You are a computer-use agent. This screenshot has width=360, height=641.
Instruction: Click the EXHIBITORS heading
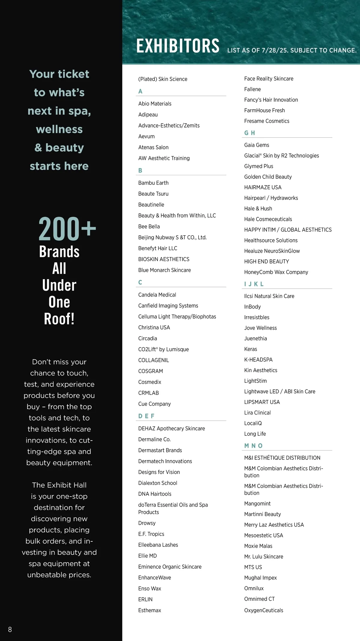tap(178, 46)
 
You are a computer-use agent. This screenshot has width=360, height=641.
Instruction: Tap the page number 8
tap(10, 629)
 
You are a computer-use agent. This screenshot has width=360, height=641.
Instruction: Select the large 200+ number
tap(67, 229)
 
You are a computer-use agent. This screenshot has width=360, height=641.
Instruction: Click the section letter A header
tap(140, 91)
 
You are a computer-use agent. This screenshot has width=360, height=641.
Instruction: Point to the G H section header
tap(250, 133)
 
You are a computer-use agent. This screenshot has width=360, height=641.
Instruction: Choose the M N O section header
tap(253, 446)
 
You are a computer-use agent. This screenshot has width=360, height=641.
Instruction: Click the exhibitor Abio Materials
tap(155, 104)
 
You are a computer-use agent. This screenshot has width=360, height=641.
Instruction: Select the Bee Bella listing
tap(149, 227)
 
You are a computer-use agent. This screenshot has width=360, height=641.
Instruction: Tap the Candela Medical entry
tap(157, 295)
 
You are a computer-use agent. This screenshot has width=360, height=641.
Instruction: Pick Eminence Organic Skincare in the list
tap(170, 567)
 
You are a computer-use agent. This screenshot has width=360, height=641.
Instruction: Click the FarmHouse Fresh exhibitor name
tap(265, 110)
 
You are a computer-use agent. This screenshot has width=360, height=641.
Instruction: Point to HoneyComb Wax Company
tap(276, 272)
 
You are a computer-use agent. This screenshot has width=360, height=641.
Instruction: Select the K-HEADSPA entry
tap(258, 360)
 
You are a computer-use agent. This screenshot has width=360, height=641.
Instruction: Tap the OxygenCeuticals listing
tap(264, 610)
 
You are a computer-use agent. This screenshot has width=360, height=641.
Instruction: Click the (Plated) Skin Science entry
tap(163, 79)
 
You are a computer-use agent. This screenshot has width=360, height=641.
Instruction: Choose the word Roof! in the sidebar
tap(59, 319)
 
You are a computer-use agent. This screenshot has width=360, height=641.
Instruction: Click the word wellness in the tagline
tap(59, 129)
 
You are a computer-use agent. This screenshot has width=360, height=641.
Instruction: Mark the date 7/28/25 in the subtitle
tap(274, 50)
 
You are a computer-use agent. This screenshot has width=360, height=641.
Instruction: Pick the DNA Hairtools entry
tap(155, 494)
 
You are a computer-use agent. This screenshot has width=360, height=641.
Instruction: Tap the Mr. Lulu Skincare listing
tap(264, 557)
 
